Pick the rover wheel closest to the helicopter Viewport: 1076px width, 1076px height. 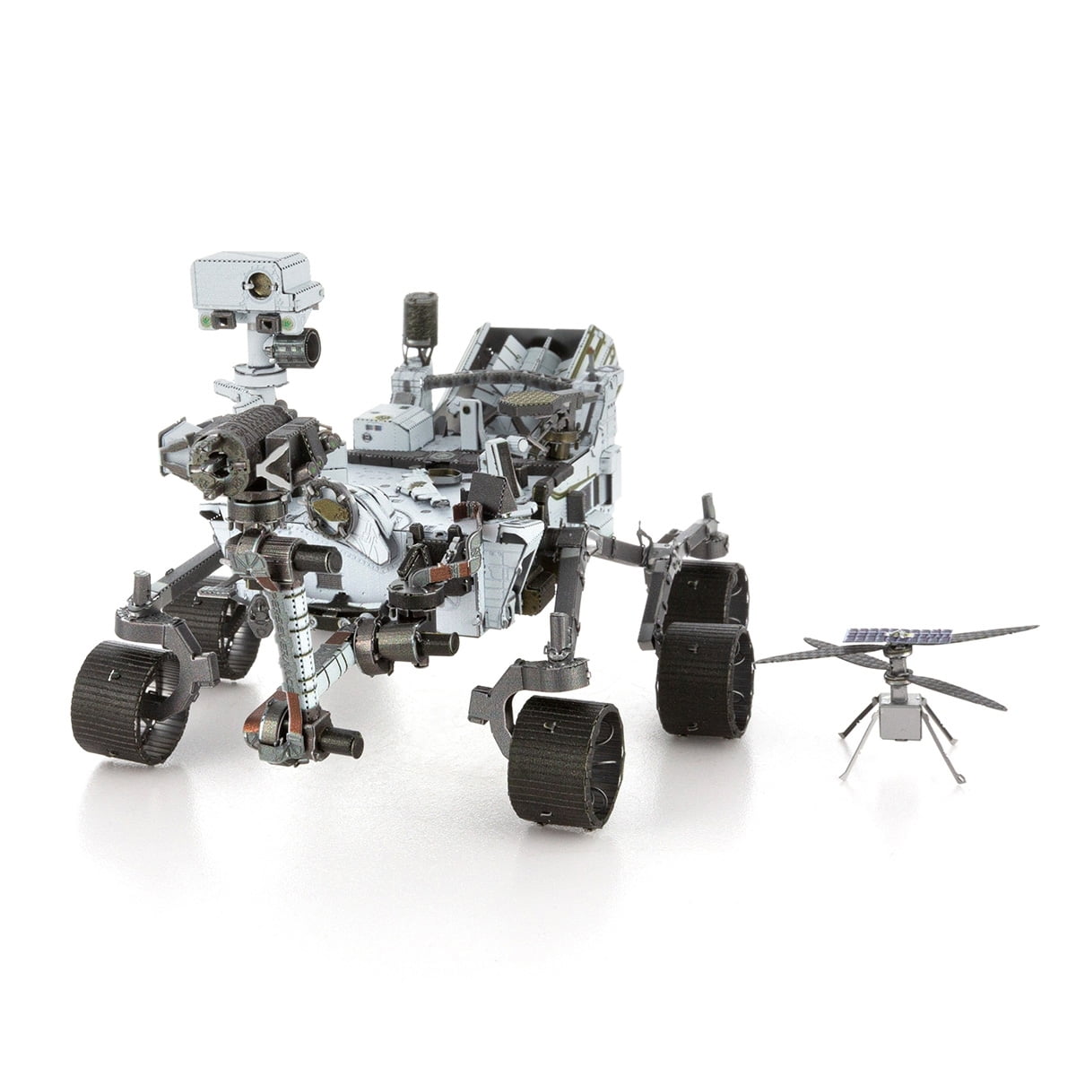click(x=704, y=680)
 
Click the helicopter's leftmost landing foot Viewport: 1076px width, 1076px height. click(x=843, y=773)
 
